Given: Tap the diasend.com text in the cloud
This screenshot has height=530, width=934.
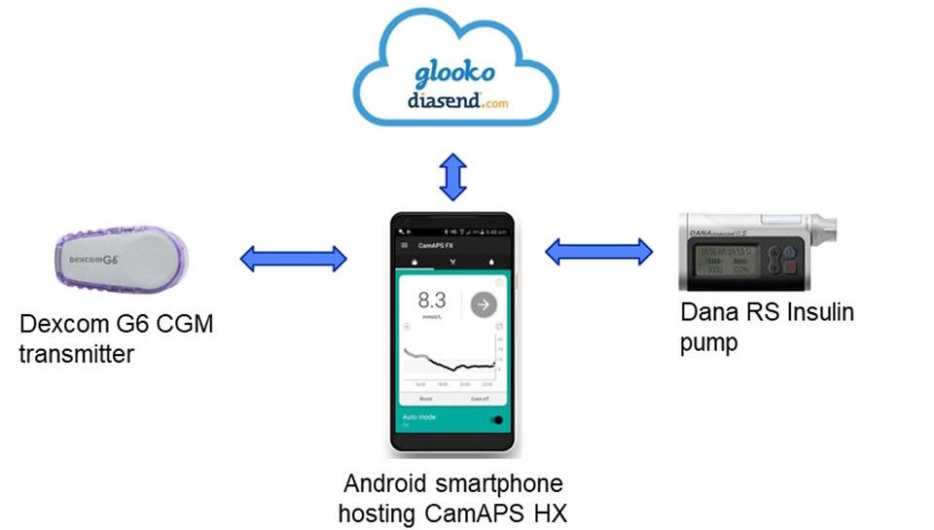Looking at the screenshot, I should (x=453, y=102).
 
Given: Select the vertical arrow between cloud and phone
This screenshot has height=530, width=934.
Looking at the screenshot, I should (x=453, y=176).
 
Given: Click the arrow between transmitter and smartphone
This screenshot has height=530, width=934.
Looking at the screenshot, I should (x=293, y=259).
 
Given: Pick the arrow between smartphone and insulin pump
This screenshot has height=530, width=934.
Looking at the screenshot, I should (x=598, y=253).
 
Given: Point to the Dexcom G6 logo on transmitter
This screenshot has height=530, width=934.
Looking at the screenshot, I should (x=94, y=260).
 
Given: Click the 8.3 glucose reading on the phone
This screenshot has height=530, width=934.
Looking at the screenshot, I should (x=432, y=302).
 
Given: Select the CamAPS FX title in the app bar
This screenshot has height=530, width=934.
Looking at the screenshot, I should (x=436, y=247).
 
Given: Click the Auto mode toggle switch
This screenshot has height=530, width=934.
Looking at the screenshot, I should (x=499, y=420).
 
